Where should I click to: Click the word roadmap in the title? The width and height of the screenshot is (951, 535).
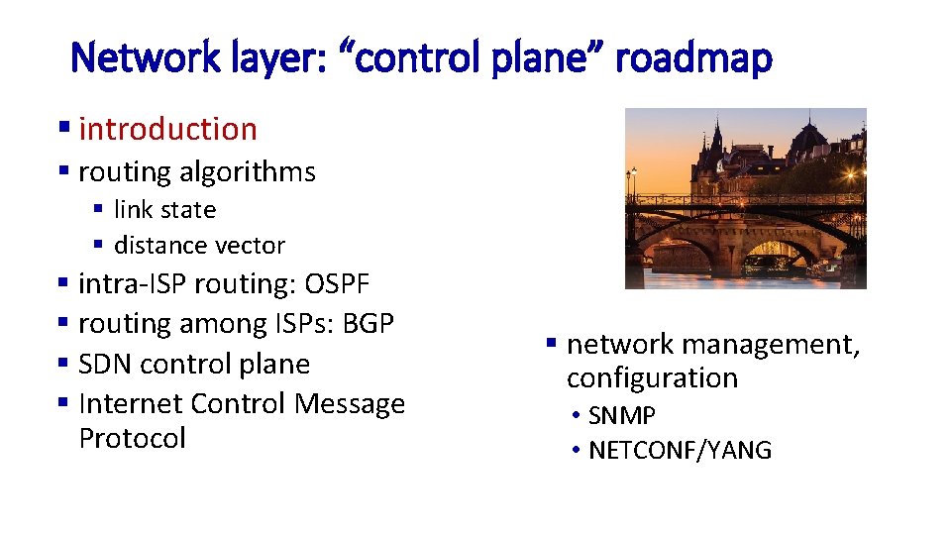click(x=692, y=59)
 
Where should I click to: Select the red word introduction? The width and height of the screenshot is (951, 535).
click(x=167, y=129)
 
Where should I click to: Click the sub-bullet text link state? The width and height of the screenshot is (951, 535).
click(x=164, y=210)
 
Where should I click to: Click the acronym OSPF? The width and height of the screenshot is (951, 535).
click(x=337, y=284)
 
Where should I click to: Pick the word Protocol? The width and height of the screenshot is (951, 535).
click(x=132, y=438)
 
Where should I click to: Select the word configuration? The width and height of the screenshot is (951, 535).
click(x=652, y=378)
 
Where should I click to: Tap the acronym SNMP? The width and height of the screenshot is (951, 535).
click(x=622, y=415)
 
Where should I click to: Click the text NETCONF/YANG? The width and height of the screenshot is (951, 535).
click(x=680, y=451)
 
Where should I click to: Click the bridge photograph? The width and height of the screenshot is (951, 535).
click(x=745, y=198)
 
